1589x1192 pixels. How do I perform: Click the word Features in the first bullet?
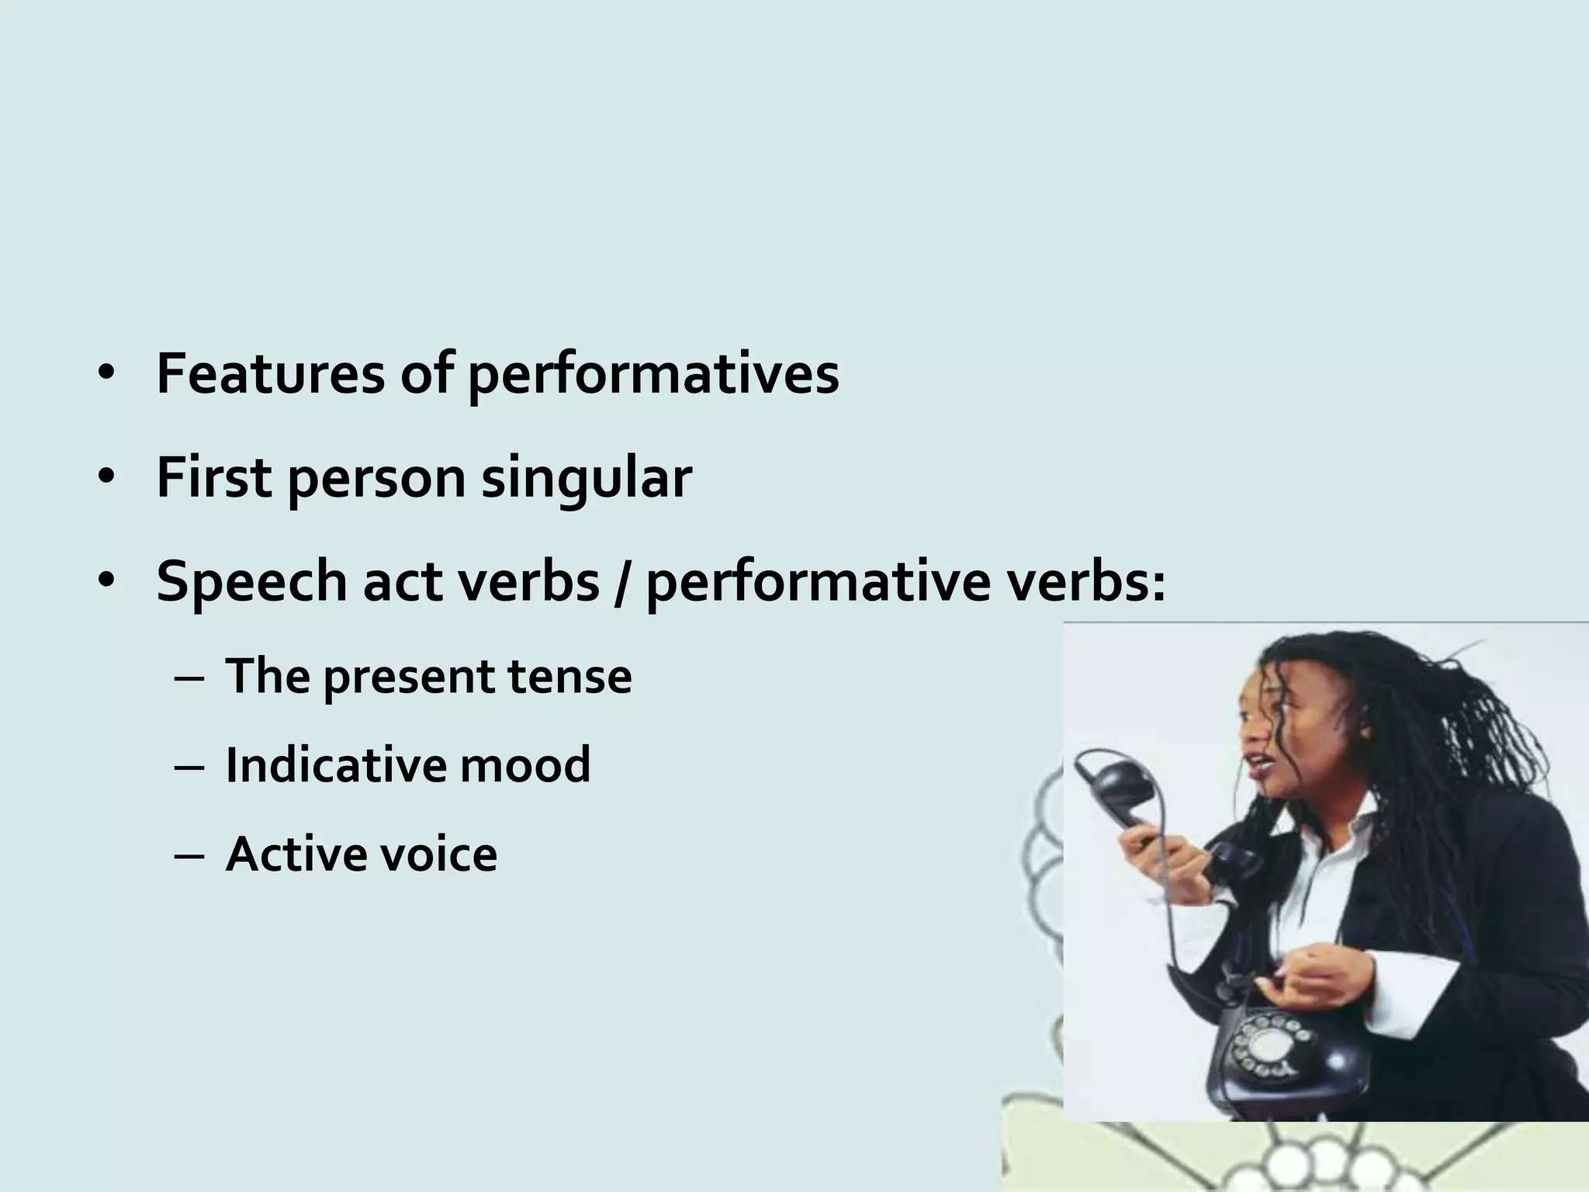coord(270,374)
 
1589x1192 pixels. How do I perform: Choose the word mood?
coord(525,764)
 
